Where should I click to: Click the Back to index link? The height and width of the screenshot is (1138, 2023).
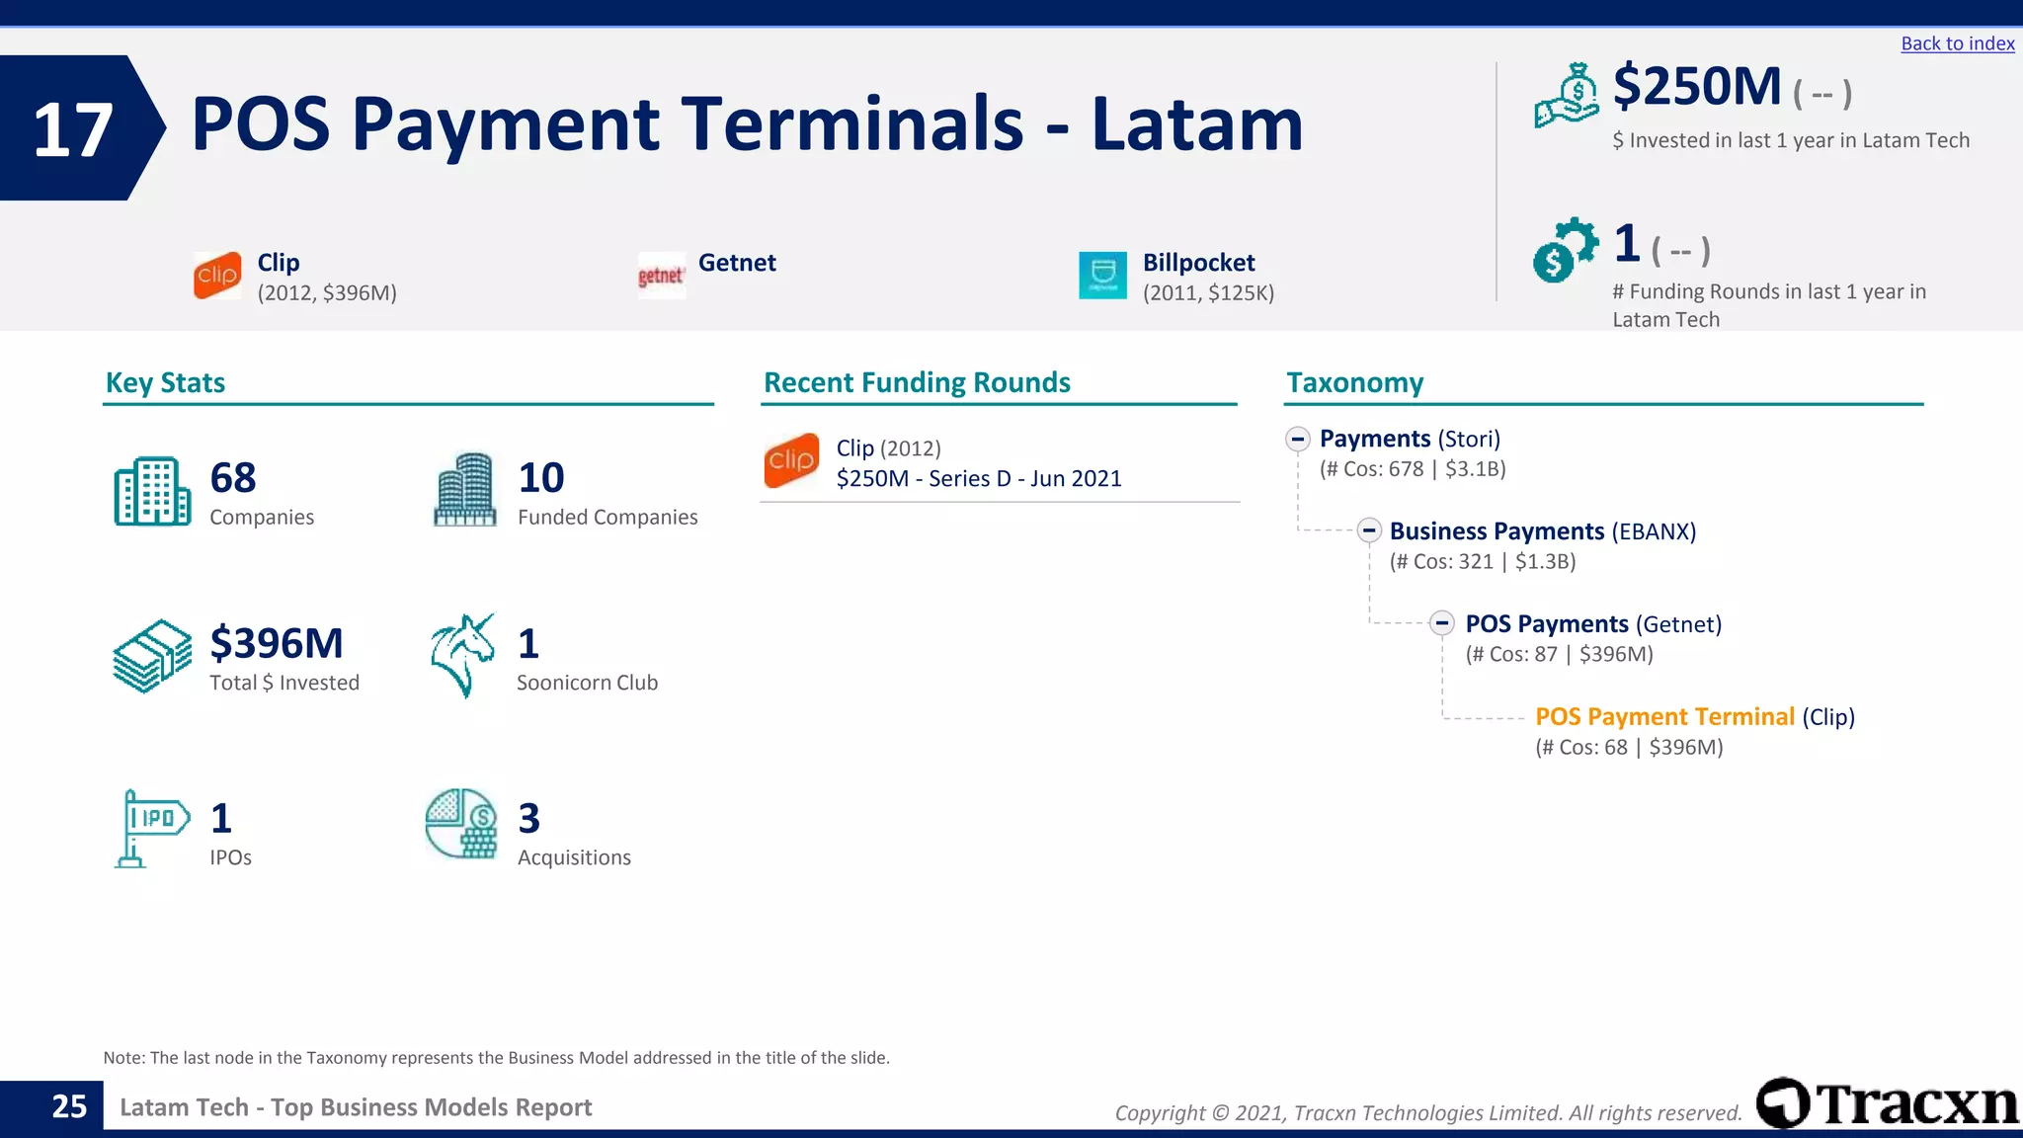point(1957,43)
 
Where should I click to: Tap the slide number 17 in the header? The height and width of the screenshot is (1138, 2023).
point(72,129)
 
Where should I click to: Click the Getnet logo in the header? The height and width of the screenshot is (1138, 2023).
point(661,276)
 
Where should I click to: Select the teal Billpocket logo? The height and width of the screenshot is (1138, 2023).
point(1102,276)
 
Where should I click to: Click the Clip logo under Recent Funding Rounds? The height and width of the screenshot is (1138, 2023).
point(791,460)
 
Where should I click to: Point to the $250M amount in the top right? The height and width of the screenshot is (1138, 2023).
point(1696,87)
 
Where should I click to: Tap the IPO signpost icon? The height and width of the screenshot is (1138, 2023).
point(151,828)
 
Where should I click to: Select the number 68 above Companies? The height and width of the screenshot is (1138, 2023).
point(233,478)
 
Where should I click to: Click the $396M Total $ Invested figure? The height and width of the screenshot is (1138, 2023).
point(277,644)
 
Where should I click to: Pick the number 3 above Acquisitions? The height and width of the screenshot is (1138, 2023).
point(529,819)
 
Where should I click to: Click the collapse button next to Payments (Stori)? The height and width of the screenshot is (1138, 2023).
point(1298,440)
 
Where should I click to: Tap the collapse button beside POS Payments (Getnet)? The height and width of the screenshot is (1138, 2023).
point(1442,623)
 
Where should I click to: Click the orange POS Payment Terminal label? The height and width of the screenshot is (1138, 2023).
point(1664,717)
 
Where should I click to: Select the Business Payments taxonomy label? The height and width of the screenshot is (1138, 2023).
point(1497,531)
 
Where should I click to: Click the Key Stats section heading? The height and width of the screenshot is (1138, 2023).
point(165,383)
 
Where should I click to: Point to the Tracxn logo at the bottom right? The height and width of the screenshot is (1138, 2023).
point(1887,1103)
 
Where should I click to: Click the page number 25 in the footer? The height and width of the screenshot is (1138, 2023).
point(69,1106)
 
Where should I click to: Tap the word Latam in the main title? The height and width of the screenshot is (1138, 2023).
point(1197,125)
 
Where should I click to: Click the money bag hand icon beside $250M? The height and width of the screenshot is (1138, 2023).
point(1566,96)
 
